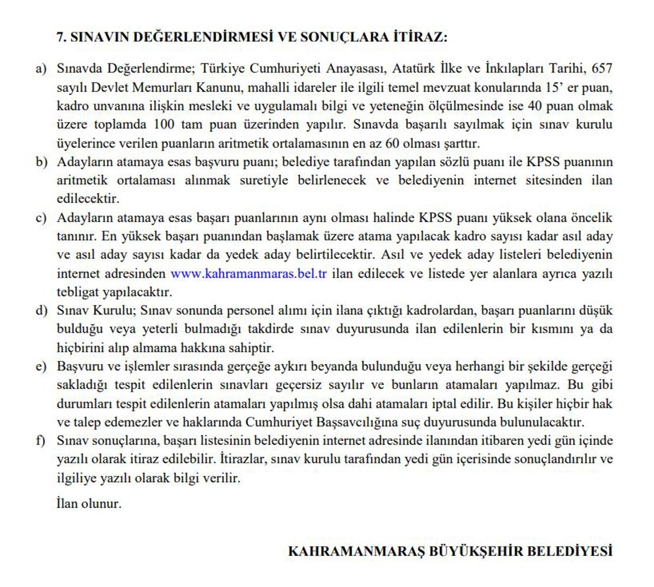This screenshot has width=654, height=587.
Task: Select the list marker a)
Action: pyautogui.click(x=41, y=69)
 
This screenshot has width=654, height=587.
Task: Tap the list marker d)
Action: pyautogui.click(x=41, y=311)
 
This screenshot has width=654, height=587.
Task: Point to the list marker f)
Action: pyautogui.click(x=40, y=441)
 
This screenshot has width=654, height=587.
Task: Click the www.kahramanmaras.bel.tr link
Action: pyautogui.click(x=249, y=274)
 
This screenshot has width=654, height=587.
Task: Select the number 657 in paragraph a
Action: pyautogui.click(x=602, y=69)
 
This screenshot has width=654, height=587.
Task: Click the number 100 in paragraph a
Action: pyautogui.click(x=164, y=125)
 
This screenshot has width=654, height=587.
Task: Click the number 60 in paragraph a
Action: pyautogui.click(x=392, y=144)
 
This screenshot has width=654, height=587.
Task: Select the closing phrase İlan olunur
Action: pyautogui.click(x=88, y=504)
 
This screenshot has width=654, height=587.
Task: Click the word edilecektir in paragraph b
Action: pyautogui.click(x=88, y=199)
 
